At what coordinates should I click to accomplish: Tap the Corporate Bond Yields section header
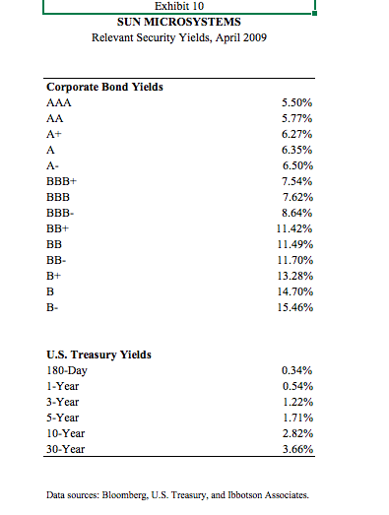pos(104,87)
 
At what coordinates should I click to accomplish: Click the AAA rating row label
pos(58,102)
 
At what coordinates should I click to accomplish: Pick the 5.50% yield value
pos(298,102)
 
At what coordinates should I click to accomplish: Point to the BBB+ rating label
pos(62,182)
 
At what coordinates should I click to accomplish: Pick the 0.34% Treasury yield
pos(298,371)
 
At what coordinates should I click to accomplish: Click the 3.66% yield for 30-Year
pos(298,450)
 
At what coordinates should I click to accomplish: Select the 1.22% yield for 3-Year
pos(298,403)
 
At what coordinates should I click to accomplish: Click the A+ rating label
pos(54,135)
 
